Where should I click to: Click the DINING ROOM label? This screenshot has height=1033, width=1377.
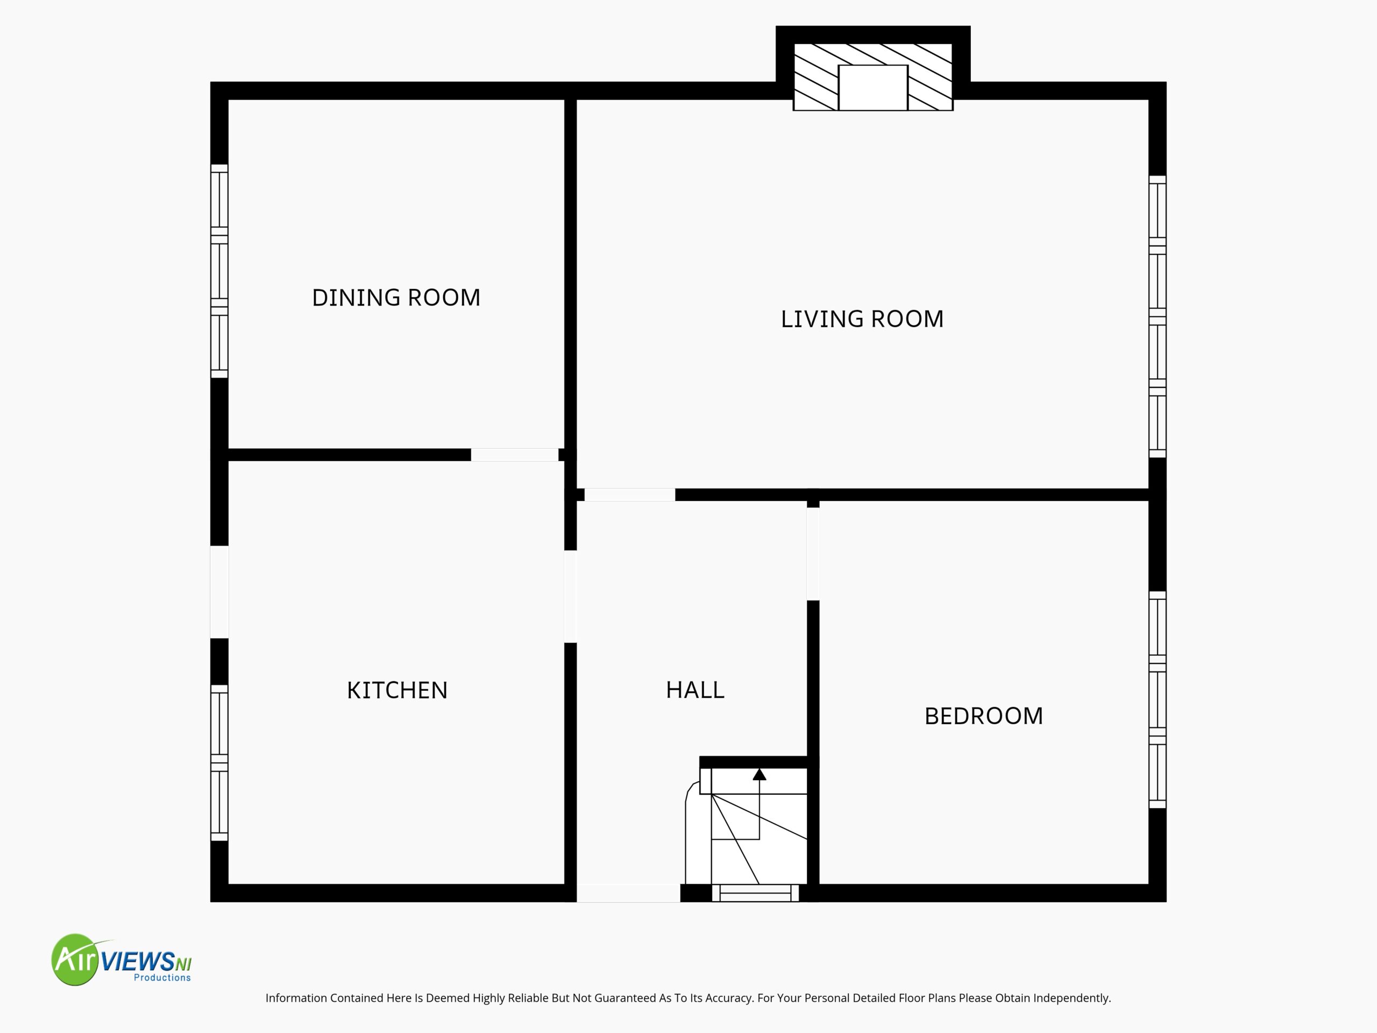point(396,298)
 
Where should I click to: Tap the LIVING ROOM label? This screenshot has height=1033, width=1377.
point(862,319)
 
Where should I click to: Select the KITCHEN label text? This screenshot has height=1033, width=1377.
point(397,690)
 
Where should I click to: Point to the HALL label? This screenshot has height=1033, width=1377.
point(695,690)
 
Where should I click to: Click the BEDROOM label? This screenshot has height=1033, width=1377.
point(984,716)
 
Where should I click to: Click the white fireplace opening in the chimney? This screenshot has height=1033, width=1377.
point(873,88)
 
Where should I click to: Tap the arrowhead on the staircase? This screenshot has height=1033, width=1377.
point(760,775)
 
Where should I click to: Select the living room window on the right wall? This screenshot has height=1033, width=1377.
point(1157,316)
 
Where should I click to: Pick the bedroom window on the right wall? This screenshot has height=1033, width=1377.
point(1157,700)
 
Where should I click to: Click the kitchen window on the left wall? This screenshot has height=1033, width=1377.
point(219,763)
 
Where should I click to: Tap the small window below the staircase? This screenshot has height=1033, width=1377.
point(755,893)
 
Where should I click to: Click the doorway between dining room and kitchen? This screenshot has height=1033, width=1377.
point(514,455)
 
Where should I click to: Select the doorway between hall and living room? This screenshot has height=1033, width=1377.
point(629,495)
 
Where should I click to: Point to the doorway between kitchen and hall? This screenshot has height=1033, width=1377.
point(570,597)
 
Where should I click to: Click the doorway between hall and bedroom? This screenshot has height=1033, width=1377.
point(813,554)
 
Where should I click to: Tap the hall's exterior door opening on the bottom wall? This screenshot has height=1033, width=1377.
point(628,893)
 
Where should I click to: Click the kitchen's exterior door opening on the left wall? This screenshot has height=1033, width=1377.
point(219,592)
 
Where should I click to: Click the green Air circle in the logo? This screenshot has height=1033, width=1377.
point(76,959)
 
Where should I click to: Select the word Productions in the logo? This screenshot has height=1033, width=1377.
point(162,978)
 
